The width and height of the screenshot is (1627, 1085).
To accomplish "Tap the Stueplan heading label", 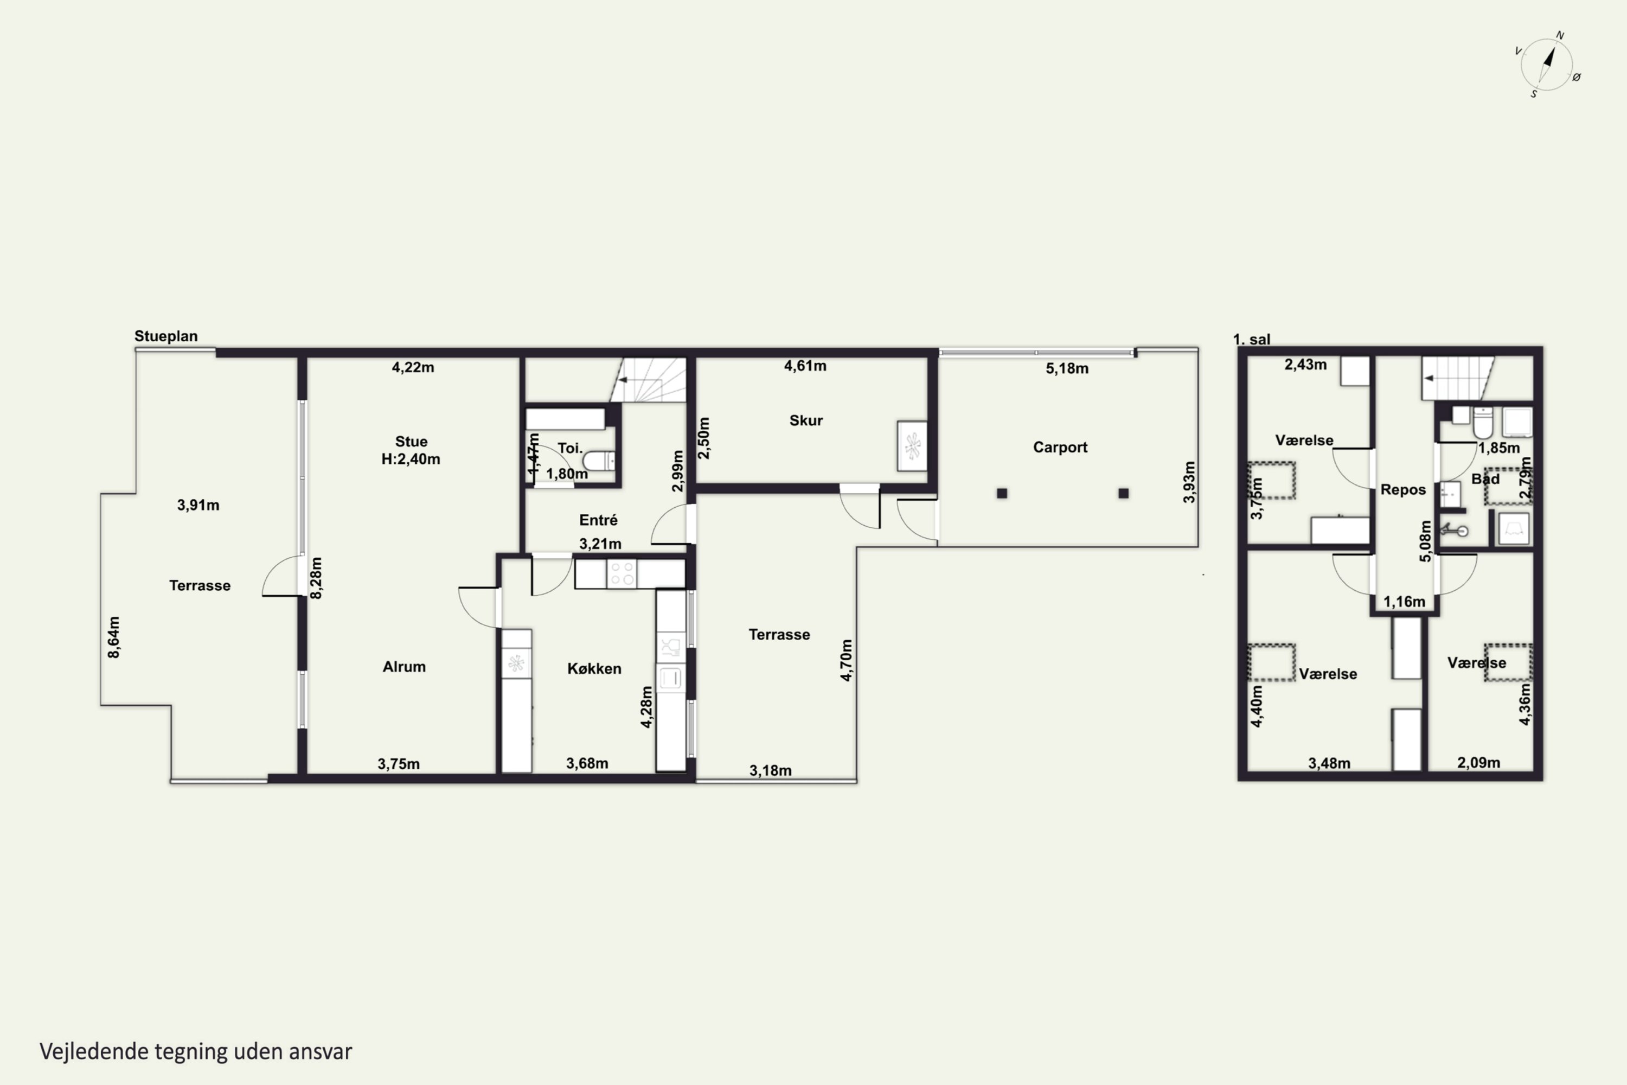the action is pos(166,336).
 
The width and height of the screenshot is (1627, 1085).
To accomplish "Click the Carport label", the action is pos(1060,448).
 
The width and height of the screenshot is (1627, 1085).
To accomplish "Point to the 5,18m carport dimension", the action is pos(1067,369).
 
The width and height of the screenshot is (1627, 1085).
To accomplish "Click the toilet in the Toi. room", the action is pos(599,461).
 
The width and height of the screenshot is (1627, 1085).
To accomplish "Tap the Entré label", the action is pos(598,520).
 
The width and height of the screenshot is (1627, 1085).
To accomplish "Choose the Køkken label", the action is pos(594,668).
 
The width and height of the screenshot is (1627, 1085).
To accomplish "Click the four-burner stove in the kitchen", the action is pos(622,573).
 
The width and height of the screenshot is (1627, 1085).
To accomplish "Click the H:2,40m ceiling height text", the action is pos(411,459).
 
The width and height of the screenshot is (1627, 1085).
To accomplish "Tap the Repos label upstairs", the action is pos(1403,490).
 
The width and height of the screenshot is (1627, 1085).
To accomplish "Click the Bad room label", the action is pos(1485,479).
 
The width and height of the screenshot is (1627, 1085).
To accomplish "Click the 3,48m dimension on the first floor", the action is pos(1329,763).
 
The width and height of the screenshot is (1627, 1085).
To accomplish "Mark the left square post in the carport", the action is pos(1002,493).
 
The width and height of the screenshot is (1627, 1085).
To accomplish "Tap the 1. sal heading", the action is pos(1251,340).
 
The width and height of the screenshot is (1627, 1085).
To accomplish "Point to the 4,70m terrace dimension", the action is pos(847,660).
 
